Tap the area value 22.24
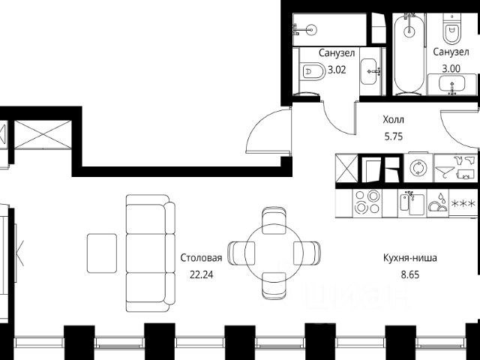201,275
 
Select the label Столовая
201,258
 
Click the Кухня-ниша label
410,258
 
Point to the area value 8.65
410,275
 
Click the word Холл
393,119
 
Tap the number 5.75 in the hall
393,136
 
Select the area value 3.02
337,70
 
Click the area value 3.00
451,68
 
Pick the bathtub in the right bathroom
409,54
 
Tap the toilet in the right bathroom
451,29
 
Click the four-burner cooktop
367,202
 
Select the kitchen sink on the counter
412,203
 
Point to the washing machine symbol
418,168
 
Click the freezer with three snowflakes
463,203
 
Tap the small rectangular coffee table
102,253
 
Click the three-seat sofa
151,253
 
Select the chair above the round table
274,220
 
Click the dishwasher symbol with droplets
438,203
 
